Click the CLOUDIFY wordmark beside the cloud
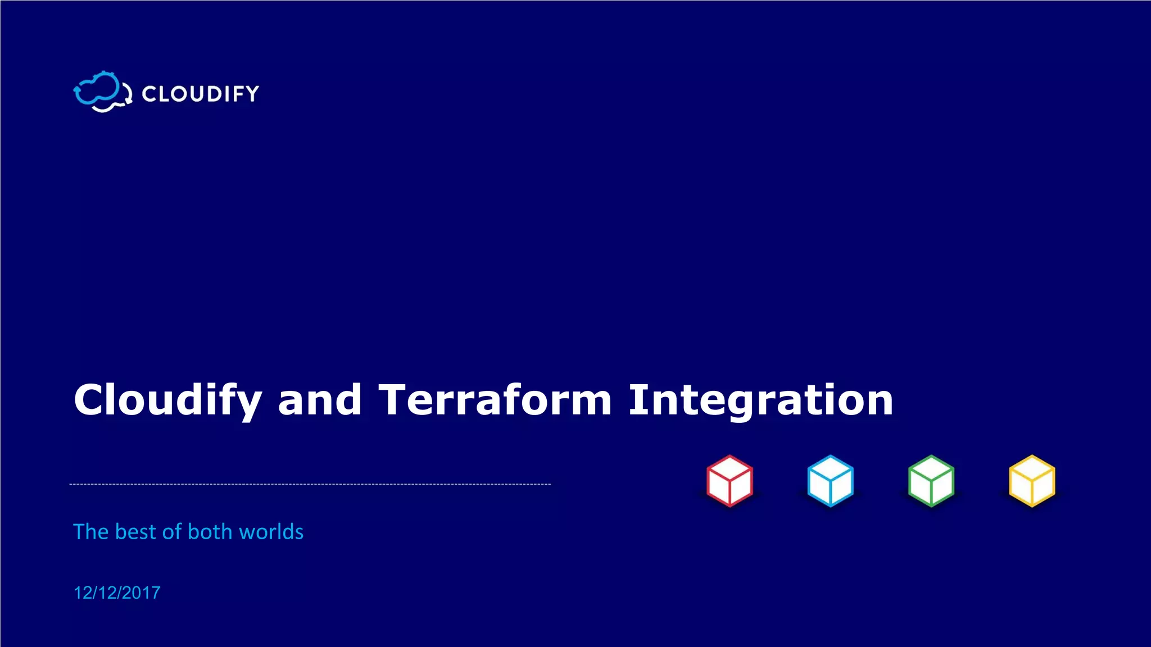click(x=201, y=94)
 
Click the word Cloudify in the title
click(x=167, y=400)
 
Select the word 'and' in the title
click(x=320, y=399)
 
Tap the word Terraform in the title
click(x=495, y=399)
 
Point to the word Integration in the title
click(x=760, y=400)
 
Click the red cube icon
click(x=729, y=481)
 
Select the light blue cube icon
click(x=830, y=481)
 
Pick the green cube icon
click(x=931, y=481)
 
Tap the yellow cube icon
click(x=1032, y=481)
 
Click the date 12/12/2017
click(x=117, y=593)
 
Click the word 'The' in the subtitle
click(x=90, y=532)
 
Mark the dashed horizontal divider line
click(x=310, y=484)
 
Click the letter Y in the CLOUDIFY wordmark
click(x=252, y=94)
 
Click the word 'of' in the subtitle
click(x=171, y=532)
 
